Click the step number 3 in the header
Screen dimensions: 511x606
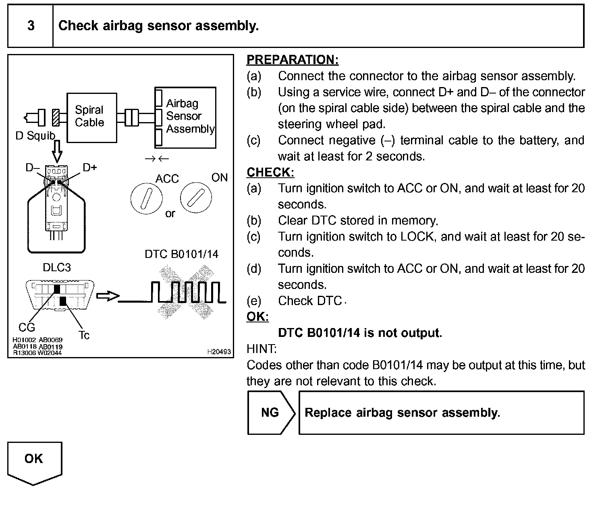pyautogui.click(x=31, y=26)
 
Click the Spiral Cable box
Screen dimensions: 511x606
pyautogui.click(x=91, y=117)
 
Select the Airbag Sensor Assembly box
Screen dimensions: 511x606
pyautogui.click(x=186, y=117)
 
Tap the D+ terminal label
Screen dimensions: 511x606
pyautogui.click(x=90, y=167)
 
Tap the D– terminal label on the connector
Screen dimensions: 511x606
pyautogui.click(x=33, y=167)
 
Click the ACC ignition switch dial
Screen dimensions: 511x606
pyautogui.click(x=147, y=199)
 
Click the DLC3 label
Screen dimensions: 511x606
pyautogui.click(x=57, y=268)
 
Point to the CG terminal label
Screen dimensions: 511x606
pyautogui.click(x=27, y=327)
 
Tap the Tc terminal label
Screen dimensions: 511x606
pyautogui.click(x=84, y=335)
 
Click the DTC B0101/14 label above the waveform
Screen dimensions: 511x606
pyautogui.click(x=181, y=254)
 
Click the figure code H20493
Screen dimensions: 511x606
pyautogui.click(x=219, y=352)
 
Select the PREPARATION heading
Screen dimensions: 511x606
pyautogui.click(x=293, y=60)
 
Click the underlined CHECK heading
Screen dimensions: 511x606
pyautogui.click(x=270, y=172)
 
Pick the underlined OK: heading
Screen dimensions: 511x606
pyautogui.click(x=257, y=317)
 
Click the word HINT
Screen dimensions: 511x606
pyautogui.click(x=261, y=349)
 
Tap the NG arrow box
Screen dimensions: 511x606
pyautogui.click(x=270, y=413)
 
